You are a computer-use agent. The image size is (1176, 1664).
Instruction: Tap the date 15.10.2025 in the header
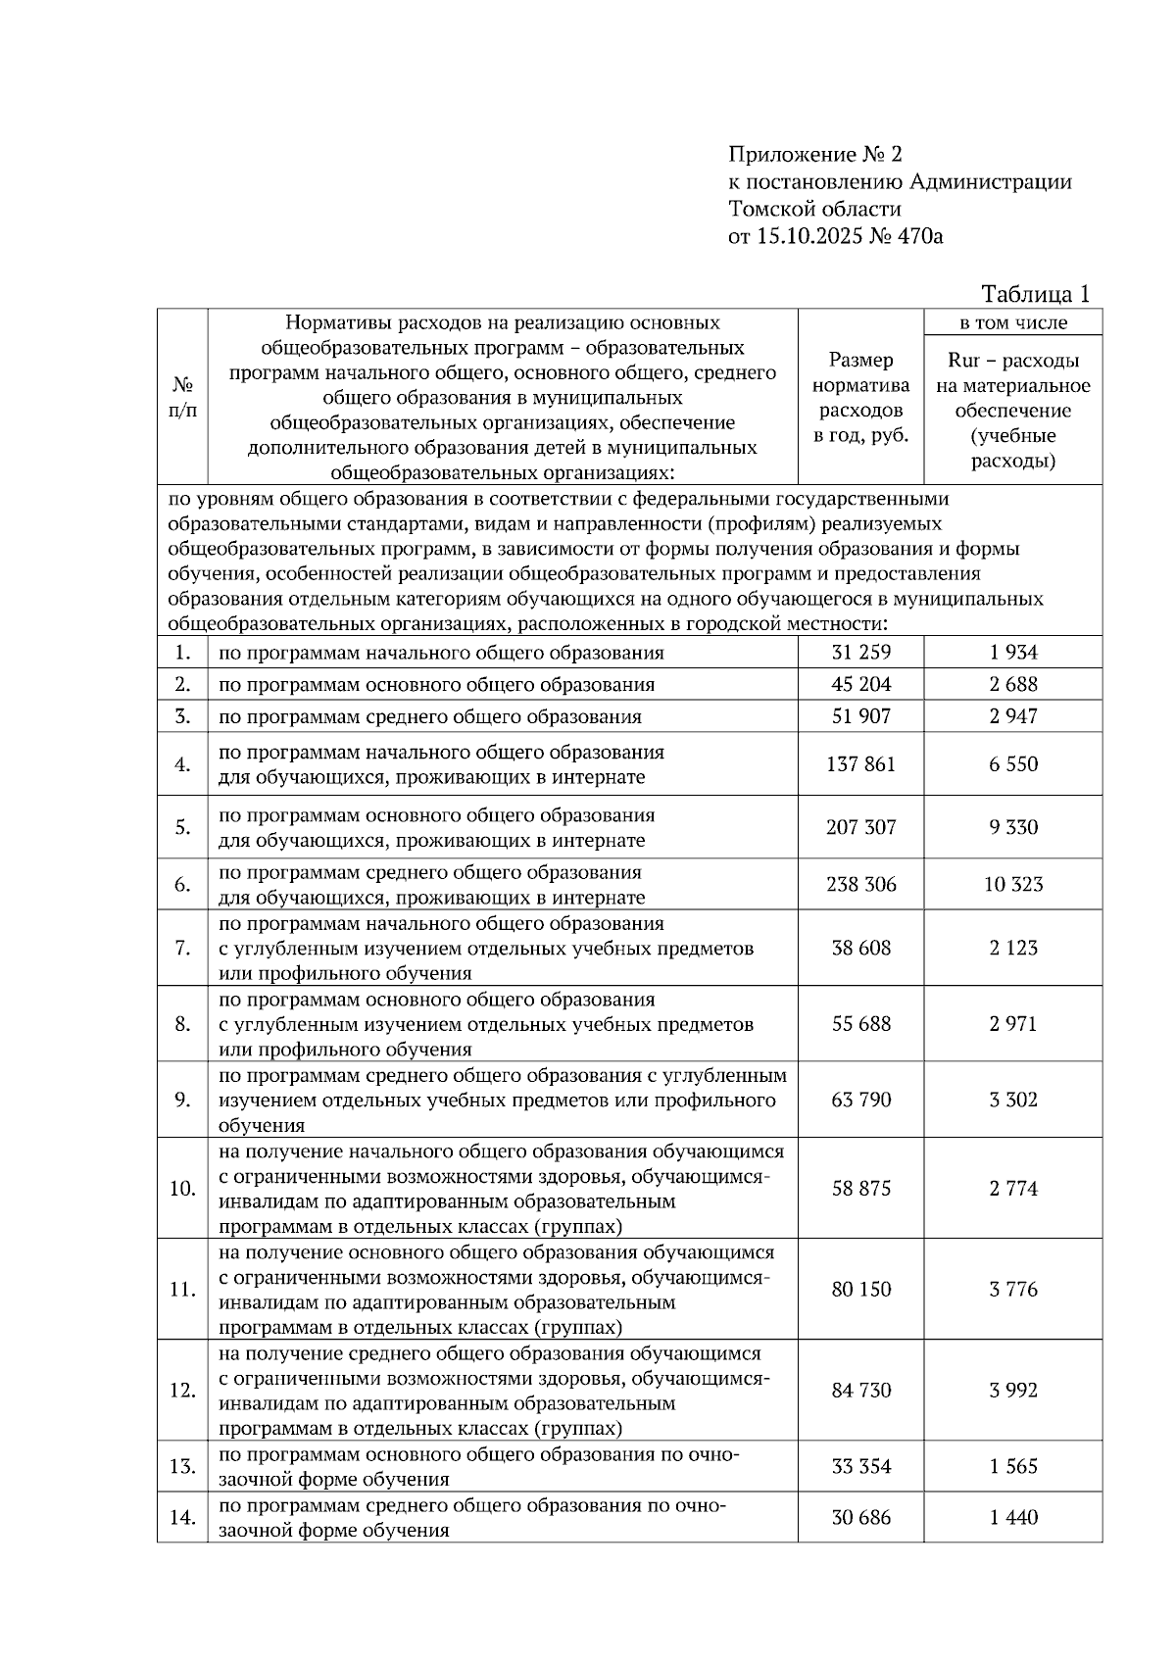click(809, 236)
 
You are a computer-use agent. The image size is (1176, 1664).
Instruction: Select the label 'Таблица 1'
click(1036, 294)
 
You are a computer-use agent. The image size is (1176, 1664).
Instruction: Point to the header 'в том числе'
click(1012, 322)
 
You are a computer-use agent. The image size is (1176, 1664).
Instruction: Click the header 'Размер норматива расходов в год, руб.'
click(860, 398)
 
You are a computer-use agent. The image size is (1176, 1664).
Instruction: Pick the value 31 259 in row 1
click(860, 653)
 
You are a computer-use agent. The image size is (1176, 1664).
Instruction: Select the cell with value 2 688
click(1012, 684)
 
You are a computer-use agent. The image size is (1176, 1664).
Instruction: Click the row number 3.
click(182, 716)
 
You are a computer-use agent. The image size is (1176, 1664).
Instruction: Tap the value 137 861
click(860, 764)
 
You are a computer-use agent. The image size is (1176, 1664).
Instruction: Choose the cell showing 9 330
click(1012, 827)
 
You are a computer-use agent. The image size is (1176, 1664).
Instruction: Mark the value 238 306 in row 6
click(860, 885)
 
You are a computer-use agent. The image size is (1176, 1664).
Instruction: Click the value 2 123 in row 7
click(1012, 948)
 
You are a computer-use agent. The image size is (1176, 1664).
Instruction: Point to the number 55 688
click(860, 1024)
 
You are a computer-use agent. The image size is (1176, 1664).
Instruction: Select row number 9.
click(182, 1101)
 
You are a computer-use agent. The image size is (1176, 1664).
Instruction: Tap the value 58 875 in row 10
click(860, 1189)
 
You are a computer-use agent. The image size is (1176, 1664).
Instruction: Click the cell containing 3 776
click(1012, 1290)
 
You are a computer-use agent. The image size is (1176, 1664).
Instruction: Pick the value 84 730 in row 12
click(860, 1391)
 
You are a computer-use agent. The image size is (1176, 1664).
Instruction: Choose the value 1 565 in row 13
click(1012, 1467)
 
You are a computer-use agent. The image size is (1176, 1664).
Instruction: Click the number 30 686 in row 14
click(860, 1518)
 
